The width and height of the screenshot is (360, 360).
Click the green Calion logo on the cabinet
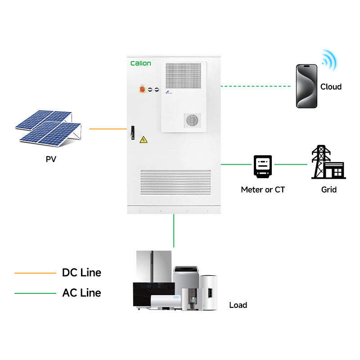(x=141, y=63)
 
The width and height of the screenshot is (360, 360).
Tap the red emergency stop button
(x=142, y=89)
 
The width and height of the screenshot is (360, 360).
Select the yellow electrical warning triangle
(x=144, y=139)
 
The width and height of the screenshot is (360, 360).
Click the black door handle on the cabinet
(x=132, y=132)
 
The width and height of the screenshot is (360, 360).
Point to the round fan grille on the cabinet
(x=192, y=120)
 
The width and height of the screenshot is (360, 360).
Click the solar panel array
(x=49, y=128)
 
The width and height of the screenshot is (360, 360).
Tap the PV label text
(x=51, y=159)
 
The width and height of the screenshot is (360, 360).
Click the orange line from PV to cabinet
(x=108, y=129)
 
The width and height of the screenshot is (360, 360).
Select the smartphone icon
(x=306, y=86)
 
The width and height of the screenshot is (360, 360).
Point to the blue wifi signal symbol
(x=329, y=60)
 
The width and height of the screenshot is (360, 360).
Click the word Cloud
(x=331, y=87)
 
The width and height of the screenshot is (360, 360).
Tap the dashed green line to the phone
(x=256, y=86)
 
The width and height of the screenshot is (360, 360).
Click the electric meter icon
(x=263, y=166)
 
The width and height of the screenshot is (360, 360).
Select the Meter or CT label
(x=263, y=189)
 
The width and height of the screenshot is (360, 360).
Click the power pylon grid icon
(x=328, y=162)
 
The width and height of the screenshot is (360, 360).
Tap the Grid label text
(x=329, y=189)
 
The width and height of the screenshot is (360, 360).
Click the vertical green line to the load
(x=174, y=231)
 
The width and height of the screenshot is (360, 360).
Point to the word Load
(x=238, y=305)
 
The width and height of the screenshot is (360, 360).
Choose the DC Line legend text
(x=81, y=273)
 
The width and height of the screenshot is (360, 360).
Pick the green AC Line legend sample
(x=35, y=293)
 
